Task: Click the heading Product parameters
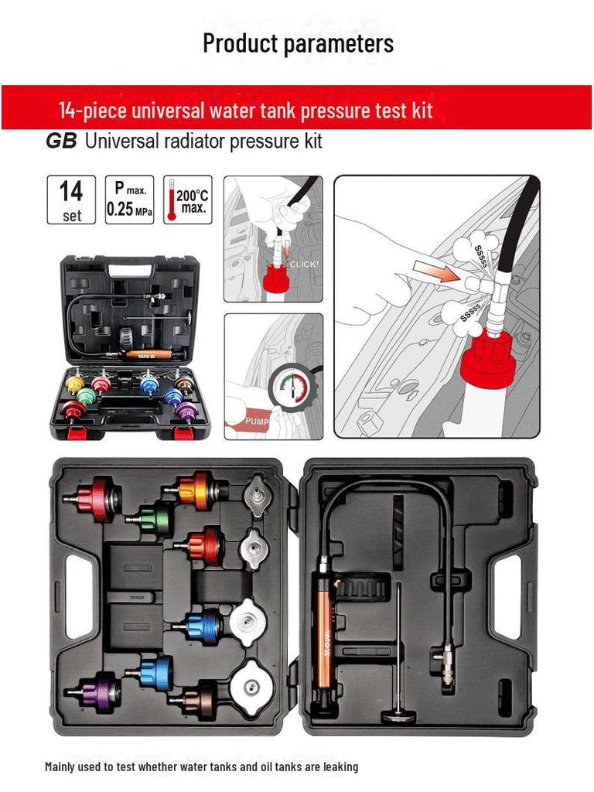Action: click(298, 43)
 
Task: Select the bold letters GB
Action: click(61, 142)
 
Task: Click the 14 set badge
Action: click(71, 200)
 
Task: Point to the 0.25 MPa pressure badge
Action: click(129, 200)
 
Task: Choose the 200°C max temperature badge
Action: click(187, 200)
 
